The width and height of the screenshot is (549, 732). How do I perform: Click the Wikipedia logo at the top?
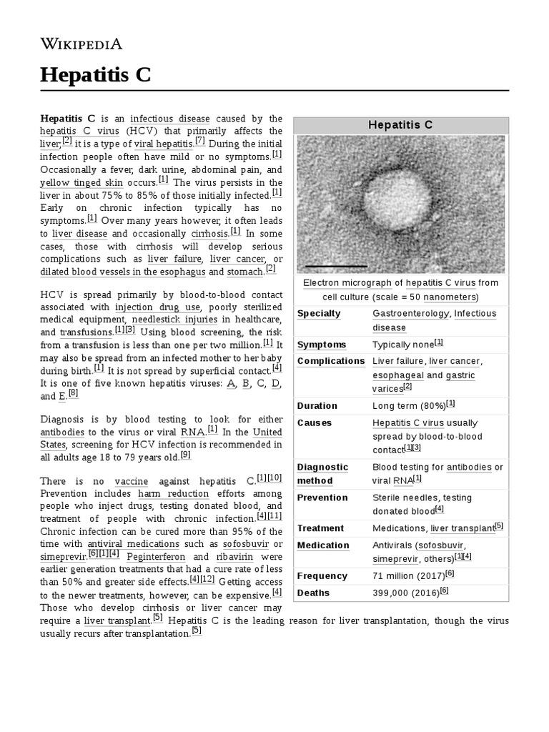[81, 44]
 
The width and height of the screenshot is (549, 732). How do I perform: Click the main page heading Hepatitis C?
[95, 74]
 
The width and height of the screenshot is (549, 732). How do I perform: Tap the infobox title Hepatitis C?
[400, 125]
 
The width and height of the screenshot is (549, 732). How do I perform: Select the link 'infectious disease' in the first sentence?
[170, 119]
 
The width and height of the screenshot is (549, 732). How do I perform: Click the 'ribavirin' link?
[233, 558]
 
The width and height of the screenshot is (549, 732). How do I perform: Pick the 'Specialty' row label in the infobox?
[319, 314]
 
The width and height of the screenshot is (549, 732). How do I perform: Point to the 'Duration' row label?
[317, 406]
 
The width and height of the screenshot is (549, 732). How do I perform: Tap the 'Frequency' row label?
[322, 576]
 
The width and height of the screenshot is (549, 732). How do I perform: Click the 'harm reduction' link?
[174, 493]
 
